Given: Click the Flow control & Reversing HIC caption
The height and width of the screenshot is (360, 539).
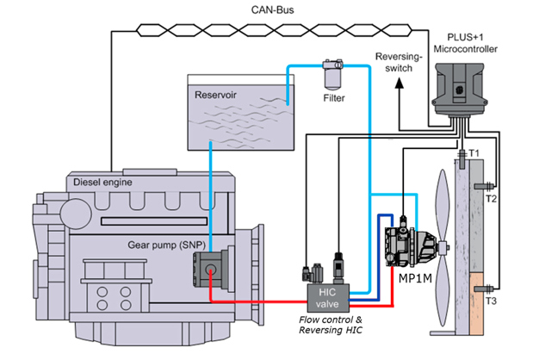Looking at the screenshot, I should (328, 328).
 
